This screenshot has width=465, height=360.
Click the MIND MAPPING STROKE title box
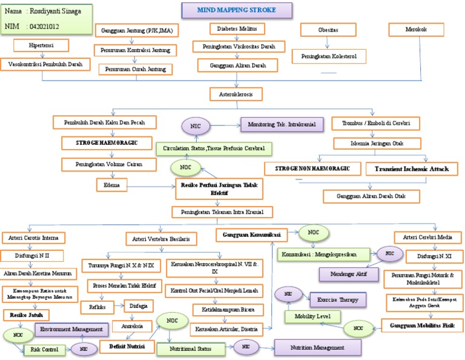click(237, 10)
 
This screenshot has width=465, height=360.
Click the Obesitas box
click(328, 30)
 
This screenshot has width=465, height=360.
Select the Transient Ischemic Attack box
click(412, 168)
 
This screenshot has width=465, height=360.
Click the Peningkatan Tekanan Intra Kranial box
click(222, 212)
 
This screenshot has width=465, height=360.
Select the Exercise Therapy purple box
click(338, 299)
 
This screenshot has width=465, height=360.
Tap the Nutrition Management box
click(317, 347)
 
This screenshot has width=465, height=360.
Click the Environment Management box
click(72, 328)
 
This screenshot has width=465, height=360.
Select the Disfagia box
click(138, 305)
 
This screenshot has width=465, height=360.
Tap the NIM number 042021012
click(44, 27)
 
